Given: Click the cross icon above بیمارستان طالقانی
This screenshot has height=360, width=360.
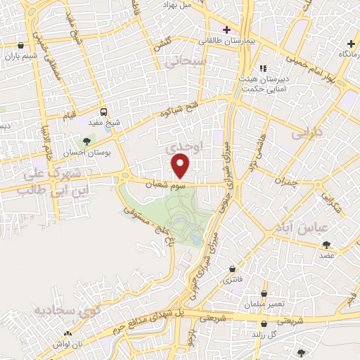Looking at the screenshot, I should pos(226,30).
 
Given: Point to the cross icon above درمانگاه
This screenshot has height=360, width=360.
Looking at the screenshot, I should pos(351,44).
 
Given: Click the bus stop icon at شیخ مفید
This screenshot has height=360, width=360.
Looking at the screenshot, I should pos(104,112).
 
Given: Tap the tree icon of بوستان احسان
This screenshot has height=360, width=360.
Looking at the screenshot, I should pos(87,142).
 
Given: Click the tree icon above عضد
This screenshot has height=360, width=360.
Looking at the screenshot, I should pos(326,245).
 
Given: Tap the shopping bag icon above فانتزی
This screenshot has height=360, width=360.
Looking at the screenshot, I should pos(232,269).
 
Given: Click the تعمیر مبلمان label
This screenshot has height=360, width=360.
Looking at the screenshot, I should pos(264,304).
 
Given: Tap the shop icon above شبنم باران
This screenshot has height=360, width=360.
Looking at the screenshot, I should pos(20,48).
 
